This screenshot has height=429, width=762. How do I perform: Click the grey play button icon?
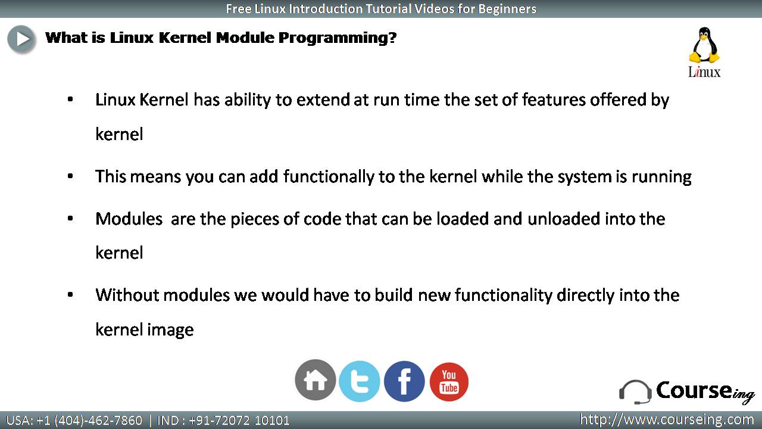pyautogui.click(x=21, y=39)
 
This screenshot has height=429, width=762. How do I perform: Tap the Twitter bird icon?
pyautogui.click(x=359, y=381)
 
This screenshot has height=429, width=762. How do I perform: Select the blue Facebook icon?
pyautogui.click(x=404, y=381)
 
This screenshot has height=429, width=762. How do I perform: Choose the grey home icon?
pyautogui.click(x=316, y=380)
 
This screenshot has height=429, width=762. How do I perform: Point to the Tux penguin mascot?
pyautogui.click(x=704, y=45)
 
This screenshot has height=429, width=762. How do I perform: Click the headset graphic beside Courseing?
pyautogui.click(x=635, y=392)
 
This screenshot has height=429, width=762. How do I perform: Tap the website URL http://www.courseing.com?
pyautogui.click(x=667, y=420)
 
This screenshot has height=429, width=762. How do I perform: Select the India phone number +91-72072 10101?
pyautogui.click(x=239, y=421)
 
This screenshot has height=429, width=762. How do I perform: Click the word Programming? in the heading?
pyautogui.click(x=338, y=38)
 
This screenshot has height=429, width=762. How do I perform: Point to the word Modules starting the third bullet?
pyautogui.click(x=129, y=219)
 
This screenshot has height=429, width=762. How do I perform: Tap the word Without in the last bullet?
pyautogui.click(x=127, y=295)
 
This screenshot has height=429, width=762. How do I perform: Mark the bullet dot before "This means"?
pyautogui.click(x=70, y=176)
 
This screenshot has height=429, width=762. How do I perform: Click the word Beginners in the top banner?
pyautogui.click(x=507, y=9)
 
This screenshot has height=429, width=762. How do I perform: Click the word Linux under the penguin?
pyautogui.click(x=704, y=72)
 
